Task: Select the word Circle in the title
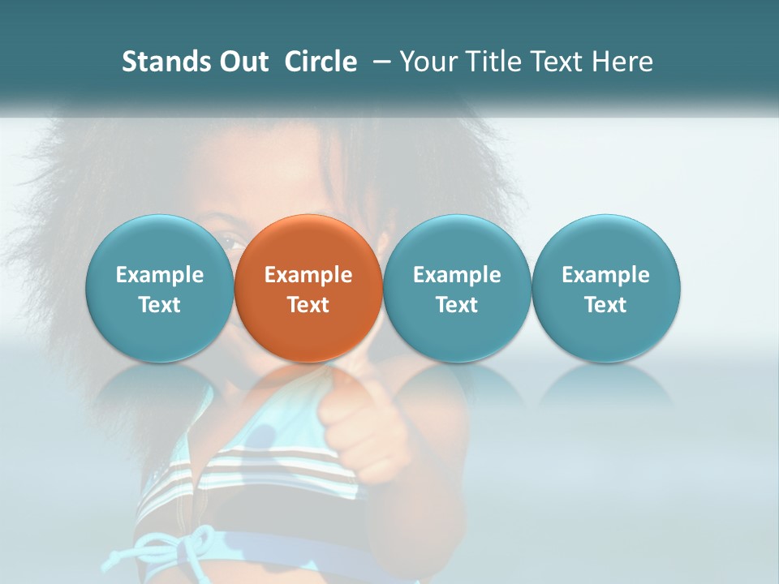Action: click(x=321, y=62)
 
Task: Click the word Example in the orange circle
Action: click(x=308, y=275)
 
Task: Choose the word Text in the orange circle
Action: click(x=308, y=305)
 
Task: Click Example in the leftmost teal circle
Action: click(x=160, y=275)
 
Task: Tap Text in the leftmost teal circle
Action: click(x=160, y=305)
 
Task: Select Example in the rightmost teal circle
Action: click(x=605, y=275)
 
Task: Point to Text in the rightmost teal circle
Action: click(x=605, y=305)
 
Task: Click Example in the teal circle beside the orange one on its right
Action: click(x=457, y=275)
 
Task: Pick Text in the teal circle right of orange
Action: click(x=457, y=305)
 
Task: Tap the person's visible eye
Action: click(x=230, y=241)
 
